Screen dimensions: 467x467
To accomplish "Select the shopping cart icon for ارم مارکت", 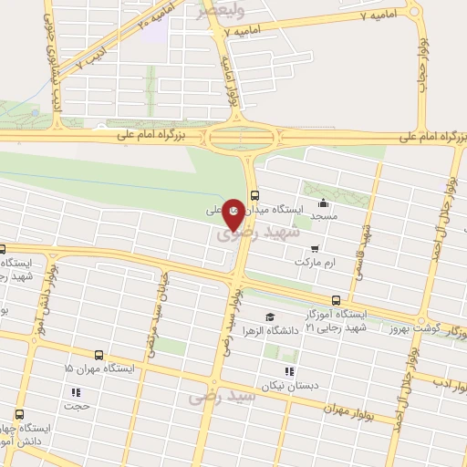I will click(x=315, y=248).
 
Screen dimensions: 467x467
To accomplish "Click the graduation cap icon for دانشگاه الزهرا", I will click(x=268, y=317).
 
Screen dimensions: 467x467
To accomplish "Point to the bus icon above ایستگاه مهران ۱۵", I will click(x=99, y=354).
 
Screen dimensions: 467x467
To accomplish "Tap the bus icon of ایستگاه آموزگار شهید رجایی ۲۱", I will click(x=336, y=300).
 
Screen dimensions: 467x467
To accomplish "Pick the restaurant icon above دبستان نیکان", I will click(x=289, y=371).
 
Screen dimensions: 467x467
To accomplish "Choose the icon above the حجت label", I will click(x=75, y=394).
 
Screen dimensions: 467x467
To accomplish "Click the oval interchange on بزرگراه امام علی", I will click(x=242, y=139).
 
